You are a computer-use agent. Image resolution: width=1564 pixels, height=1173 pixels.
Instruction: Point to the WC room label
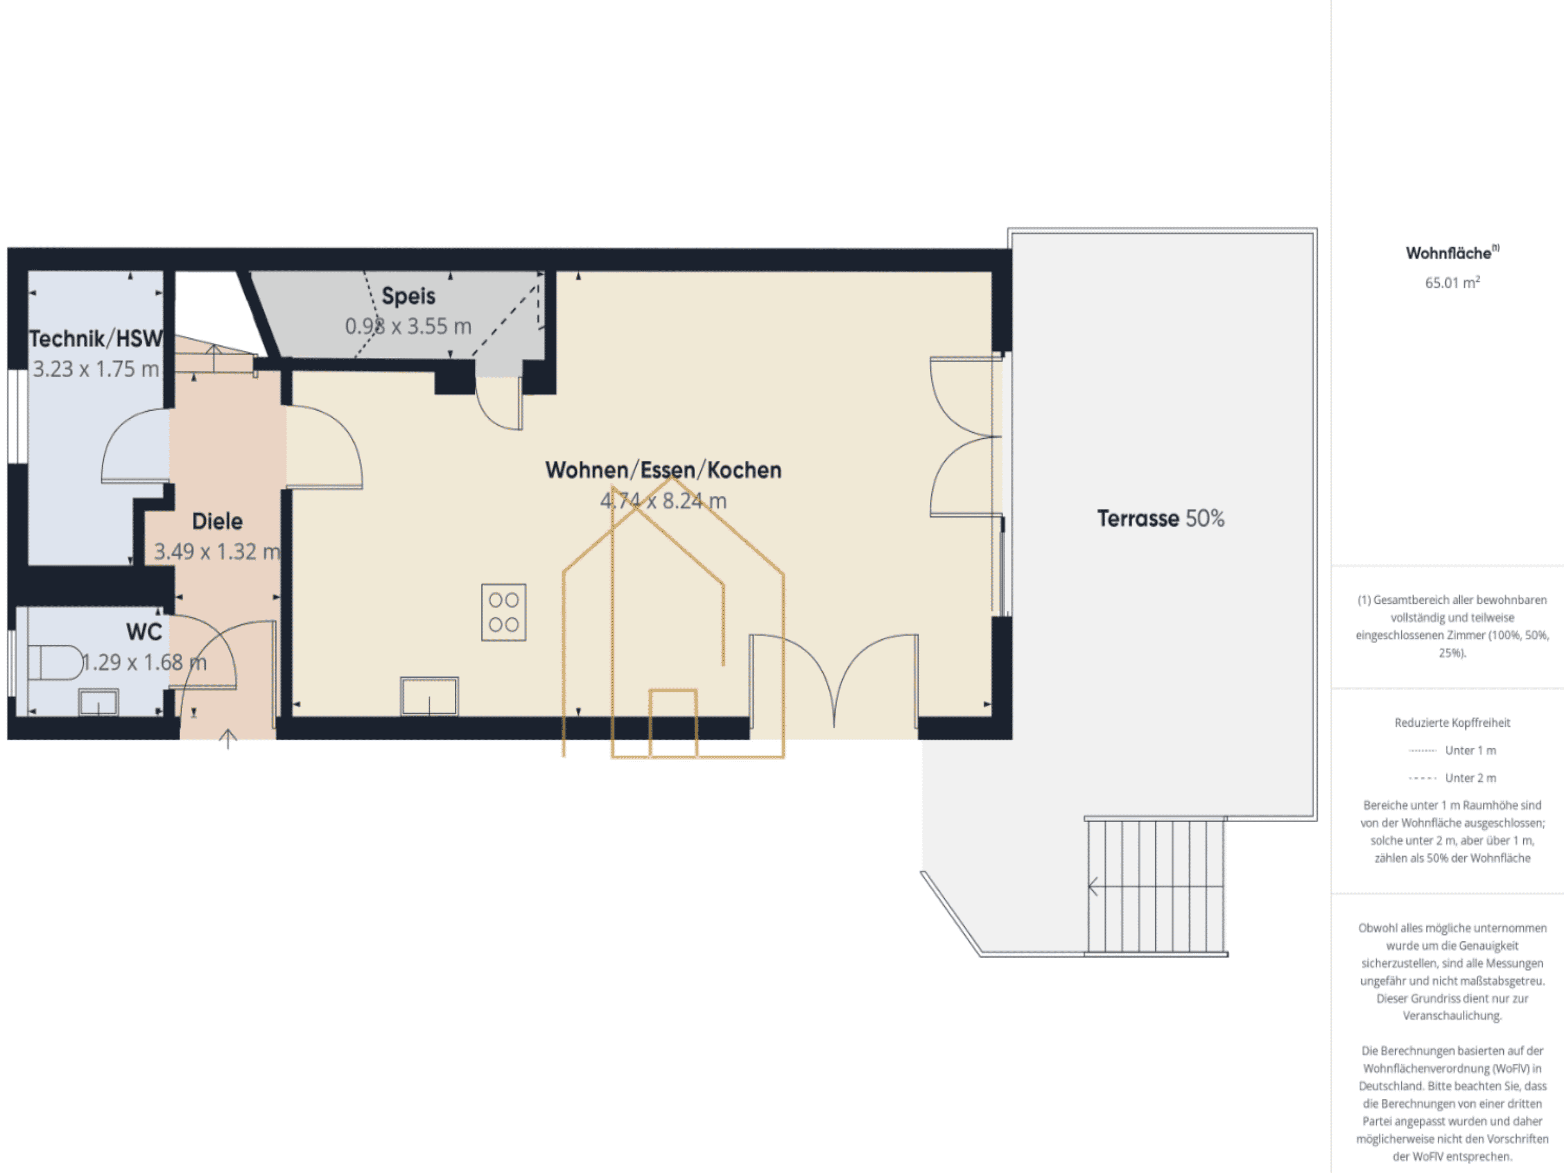(144, 631)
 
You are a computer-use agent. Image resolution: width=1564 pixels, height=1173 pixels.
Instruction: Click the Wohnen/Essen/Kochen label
(663, 470)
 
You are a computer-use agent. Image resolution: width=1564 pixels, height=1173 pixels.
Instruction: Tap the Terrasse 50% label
(1160, 518)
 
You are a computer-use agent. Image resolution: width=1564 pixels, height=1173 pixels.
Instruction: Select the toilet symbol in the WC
(55, 662)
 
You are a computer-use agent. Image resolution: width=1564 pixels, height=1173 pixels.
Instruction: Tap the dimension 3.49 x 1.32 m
(217, 551)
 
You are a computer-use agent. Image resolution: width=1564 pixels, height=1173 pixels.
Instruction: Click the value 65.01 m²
(1452, 283)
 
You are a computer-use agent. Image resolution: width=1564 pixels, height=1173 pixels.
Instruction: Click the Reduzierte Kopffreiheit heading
(1452, 723)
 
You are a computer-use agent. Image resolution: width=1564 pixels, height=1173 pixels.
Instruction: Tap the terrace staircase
(1156, 887)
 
